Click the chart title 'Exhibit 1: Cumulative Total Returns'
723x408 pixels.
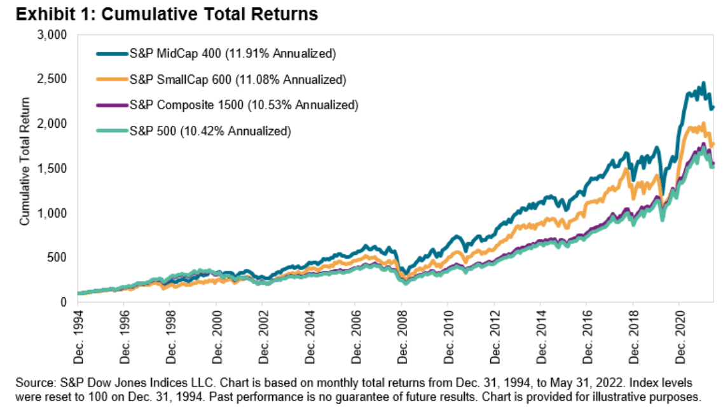click(x=163, y=14)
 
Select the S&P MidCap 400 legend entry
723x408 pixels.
click(x=232, y=54)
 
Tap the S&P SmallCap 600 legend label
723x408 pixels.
click(x=237, y=79)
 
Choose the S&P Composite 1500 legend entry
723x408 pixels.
click(x=244, y=105)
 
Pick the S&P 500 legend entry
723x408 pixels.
click(x=210, y=131)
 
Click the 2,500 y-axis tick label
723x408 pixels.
click(x=53, y=79)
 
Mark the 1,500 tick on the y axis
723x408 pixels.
click(x=53, y=168)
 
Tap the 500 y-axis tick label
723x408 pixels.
click(x=59, y=257)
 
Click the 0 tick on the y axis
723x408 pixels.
click(x=64, y=302)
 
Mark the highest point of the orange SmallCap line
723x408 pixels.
click(x=703, y=123)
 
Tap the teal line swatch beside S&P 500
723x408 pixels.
click(x=112, y=131)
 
